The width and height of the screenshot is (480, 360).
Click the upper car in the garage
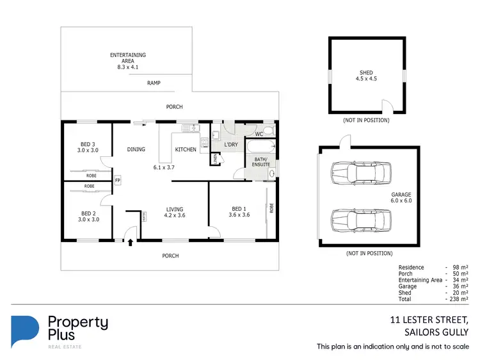coord(360,172)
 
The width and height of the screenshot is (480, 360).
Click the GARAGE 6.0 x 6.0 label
coord(401,198)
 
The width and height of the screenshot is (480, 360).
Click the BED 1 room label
coord(239,211)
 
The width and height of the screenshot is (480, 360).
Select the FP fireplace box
coord(117,181)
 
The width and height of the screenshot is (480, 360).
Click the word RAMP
coord(154,83)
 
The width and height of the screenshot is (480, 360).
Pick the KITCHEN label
coord(186,150)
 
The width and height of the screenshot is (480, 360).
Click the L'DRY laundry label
coord(230,145)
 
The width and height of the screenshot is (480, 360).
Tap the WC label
coord(259,135)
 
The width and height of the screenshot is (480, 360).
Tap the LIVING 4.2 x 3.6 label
coord(175,213)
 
